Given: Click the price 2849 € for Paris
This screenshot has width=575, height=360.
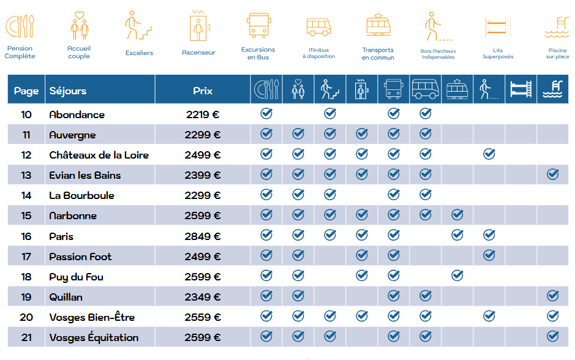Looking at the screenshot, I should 202,236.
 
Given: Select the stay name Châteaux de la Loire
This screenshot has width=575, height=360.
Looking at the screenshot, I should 99,155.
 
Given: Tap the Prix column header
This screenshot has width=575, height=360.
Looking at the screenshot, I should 203,91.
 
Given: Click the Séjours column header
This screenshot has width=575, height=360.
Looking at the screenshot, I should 68,91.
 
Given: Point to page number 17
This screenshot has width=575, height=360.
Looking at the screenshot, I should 26,257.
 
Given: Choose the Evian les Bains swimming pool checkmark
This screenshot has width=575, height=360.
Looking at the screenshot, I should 552,174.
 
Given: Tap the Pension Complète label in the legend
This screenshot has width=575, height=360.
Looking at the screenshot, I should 20,52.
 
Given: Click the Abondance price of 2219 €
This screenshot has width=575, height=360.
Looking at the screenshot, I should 202,114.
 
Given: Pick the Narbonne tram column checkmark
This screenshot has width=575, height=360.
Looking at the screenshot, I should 457,215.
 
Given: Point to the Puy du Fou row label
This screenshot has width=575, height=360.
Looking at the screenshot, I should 76,277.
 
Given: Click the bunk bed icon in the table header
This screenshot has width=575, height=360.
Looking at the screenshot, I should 521,90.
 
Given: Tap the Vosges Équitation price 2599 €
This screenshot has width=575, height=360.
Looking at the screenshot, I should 202,337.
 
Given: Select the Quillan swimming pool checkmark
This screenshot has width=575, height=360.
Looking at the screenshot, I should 552,296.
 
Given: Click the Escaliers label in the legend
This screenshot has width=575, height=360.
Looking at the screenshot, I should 139,53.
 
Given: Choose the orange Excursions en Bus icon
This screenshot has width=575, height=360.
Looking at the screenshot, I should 258,26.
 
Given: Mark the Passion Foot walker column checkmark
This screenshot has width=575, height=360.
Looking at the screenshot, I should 489,256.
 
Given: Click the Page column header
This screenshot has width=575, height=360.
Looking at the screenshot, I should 26,91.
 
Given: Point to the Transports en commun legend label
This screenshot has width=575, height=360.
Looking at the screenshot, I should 378,54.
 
